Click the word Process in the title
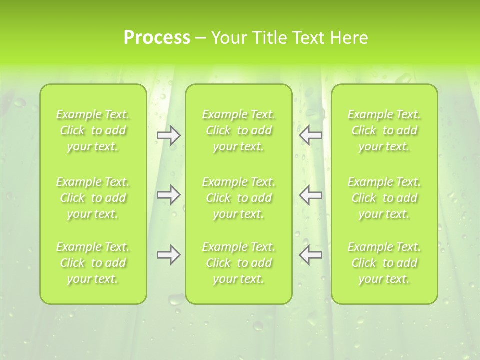[157, 38]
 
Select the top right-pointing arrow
[168, 135]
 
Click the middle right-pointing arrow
[168, 195]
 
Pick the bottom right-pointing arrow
[168, 255]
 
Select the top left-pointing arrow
[310, 135]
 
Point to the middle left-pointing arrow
[310, 195]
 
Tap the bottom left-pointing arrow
[310, 255]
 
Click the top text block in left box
[93, 130]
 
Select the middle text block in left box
[93, 198]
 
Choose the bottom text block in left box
[93, 263]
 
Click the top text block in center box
[238, 130]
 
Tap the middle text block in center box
[238, 198]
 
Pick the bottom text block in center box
[238, 263]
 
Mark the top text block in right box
[384, 130]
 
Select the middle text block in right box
[384, 198]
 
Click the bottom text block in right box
[384, 263]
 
